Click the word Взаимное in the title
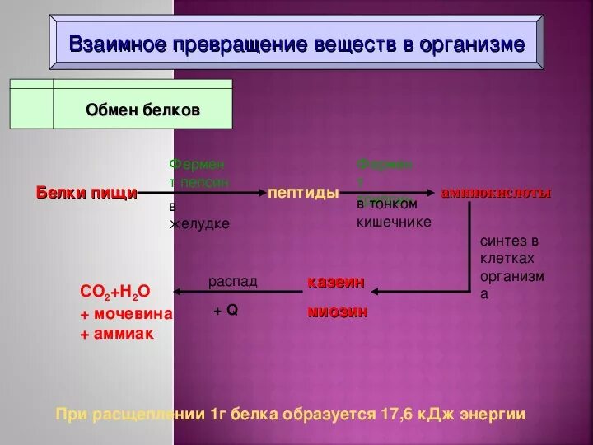pyautogui.click(x=114, y=44)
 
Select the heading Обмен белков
pyautogui.click(x=142, y=110)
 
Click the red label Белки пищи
pyautogui.click(x=86, y=193)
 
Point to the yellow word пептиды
pyautogui.click(x=303, y=193)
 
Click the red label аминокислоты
pyautogui.click(x=497, y=193)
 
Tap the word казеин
pyautogui.click(x=335, y=282)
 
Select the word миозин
pyautogui.click(x=338, y=311)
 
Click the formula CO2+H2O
pyautogui.click(x=115, y=292)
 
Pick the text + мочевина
pyautogui.click(x=126, y=314)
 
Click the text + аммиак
pyautogui.click(x=117, y=335)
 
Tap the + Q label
pyautogui.click(x=225, y=311)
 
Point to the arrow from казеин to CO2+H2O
pyautogui.click(x=239, y=291)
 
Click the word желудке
pyautogui.click(x=199, y=223)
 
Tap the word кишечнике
pyautogui.click(x=394, y=222)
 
